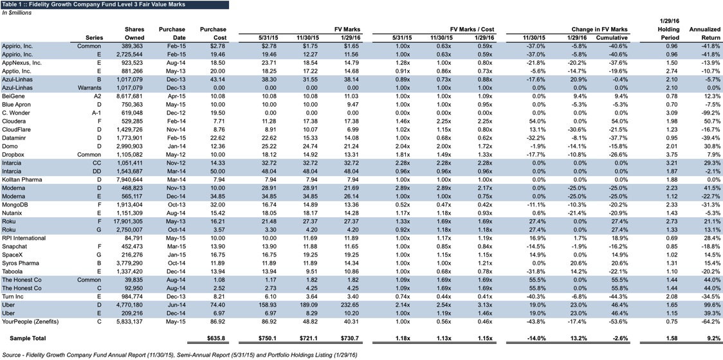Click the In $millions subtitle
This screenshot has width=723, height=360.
point(16,12)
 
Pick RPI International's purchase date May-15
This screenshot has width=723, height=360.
point(176,237)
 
